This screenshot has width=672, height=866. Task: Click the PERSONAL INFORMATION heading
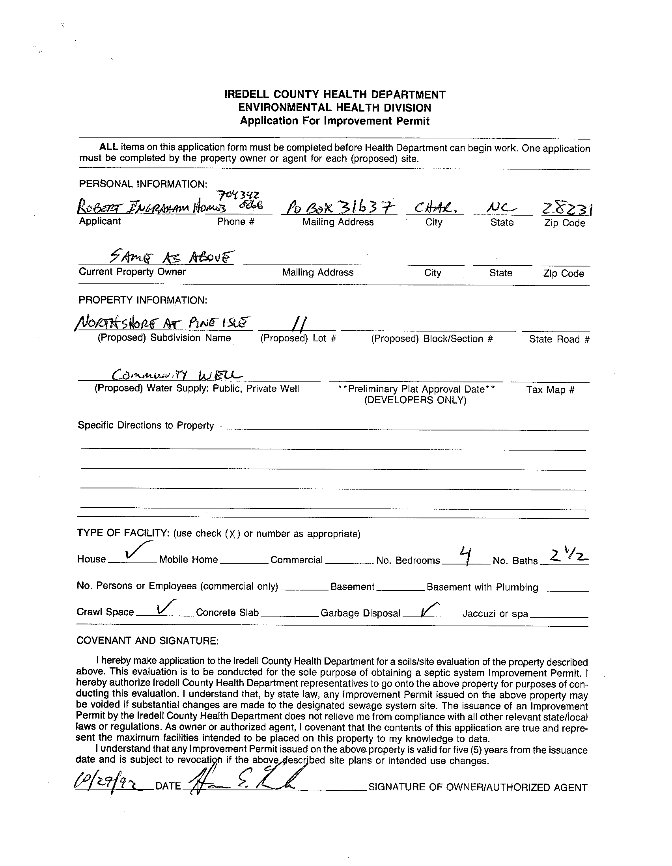(143, 184)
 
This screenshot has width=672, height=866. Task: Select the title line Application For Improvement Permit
(334, 121)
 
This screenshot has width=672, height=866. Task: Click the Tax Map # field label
(550, 390)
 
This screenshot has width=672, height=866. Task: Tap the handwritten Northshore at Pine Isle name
(162, 324)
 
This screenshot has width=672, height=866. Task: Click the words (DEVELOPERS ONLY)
(415, 400)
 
